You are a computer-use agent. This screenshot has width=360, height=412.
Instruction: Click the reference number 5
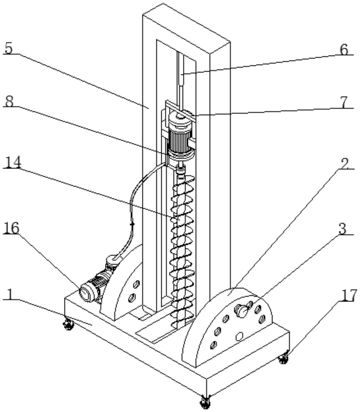tap(9, 49)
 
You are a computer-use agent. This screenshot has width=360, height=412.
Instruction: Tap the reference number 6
tap(344, 49)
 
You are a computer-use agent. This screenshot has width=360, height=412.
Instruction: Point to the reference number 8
tap(9, 101)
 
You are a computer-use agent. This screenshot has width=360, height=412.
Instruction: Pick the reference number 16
tap(12, 228)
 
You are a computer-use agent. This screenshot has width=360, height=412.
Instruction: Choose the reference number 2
tap(344, 164)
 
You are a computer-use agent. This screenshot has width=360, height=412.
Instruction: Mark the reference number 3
tap(343, 229)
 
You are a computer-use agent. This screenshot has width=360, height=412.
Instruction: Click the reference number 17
tap(348, 296)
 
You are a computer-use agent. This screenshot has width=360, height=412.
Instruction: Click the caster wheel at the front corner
tap(205, 402)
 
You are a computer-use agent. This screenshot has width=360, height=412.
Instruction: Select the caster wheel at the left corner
tap(68, 324)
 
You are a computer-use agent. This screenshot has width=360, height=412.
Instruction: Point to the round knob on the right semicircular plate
tap(242, 310)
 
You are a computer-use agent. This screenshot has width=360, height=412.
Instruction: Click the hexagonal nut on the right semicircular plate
tap(239, 336)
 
